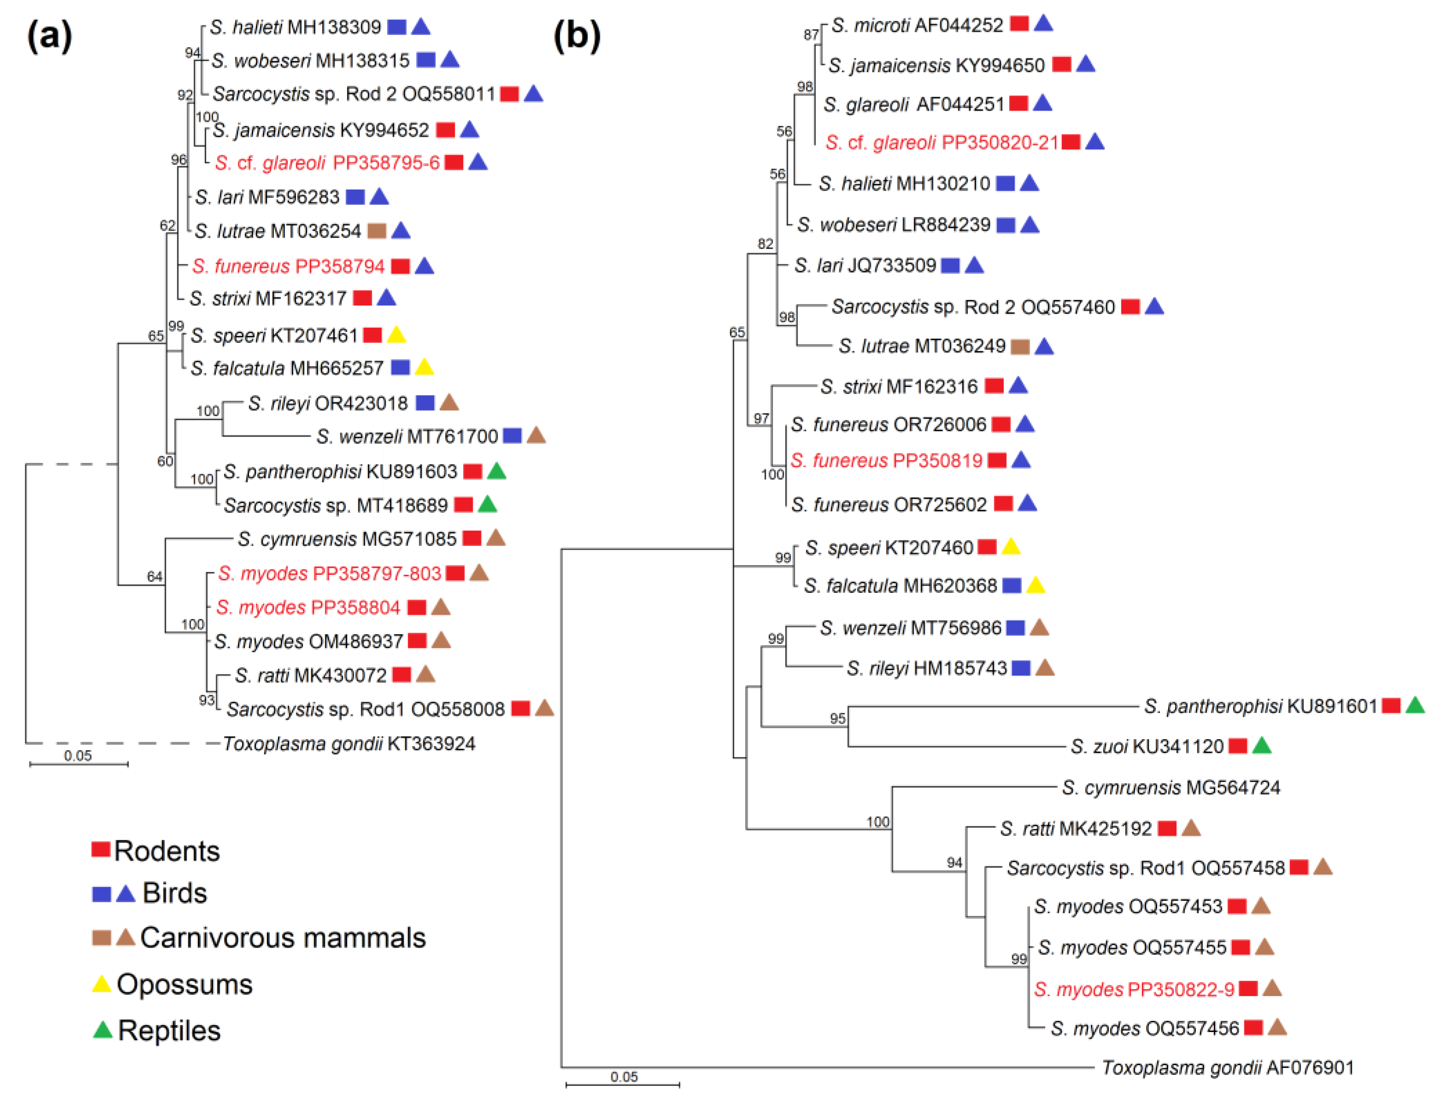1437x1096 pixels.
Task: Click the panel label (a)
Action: click(49, 36)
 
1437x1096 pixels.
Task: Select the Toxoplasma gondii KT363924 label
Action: click(349, 744)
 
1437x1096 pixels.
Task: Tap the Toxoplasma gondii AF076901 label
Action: click(1228, 1067)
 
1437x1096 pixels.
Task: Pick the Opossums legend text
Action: click(185, 985)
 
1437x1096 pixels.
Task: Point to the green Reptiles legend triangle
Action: click(102, 1030)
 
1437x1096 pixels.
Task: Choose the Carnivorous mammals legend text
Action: click(283, 938)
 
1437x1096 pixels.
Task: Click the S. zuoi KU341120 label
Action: click(1147, 746)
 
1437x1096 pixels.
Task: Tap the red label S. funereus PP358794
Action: click(288, 266)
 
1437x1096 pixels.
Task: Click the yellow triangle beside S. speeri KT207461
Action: click(397, 335)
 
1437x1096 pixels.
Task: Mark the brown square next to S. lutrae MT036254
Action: click(377, 231)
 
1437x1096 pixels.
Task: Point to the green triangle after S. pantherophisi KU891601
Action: click(1414, 705)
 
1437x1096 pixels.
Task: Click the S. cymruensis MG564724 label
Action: click(1171, 788)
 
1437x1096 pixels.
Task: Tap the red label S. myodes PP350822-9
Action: click(1134, 989)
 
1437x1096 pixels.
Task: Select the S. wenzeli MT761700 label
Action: click(407, 436)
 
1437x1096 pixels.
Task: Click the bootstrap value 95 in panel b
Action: click(838, 718)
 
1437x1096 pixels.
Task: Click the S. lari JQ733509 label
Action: click(865, 266)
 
